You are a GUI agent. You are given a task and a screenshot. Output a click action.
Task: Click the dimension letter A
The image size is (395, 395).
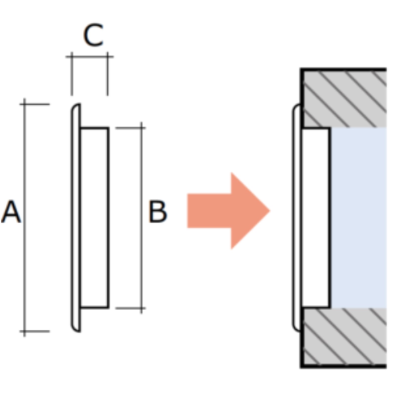[11, 212]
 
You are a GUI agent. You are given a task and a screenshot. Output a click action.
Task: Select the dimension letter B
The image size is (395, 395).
[158, 211]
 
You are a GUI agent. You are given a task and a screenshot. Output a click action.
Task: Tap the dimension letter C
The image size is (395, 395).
[93, 35]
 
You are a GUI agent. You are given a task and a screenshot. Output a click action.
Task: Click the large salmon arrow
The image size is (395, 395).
[228, 211]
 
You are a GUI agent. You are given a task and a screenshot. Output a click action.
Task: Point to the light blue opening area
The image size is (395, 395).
[359, 218]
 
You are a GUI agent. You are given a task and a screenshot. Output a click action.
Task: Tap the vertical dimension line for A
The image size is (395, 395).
[24, 218]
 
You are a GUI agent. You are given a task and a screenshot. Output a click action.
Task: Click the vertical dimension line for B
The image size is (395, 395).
[142, 218]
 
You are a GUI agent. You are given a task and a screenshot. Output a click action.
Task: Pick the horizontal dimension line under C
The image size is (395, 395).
[90, 57]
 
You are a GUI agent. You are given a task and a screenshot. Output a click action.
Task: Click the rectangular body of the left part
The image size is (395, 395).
[94, 218]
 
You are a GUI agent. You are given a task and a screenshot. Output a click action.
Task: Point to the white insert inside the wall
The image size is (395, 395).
[316, 218]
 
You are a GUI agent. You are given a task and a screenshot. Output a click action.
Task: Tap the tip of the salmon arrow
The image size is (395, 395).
[270, 211]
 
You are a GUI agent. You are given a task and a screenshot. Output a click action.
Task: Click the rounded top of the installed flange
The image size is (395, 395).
[296, 107]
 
